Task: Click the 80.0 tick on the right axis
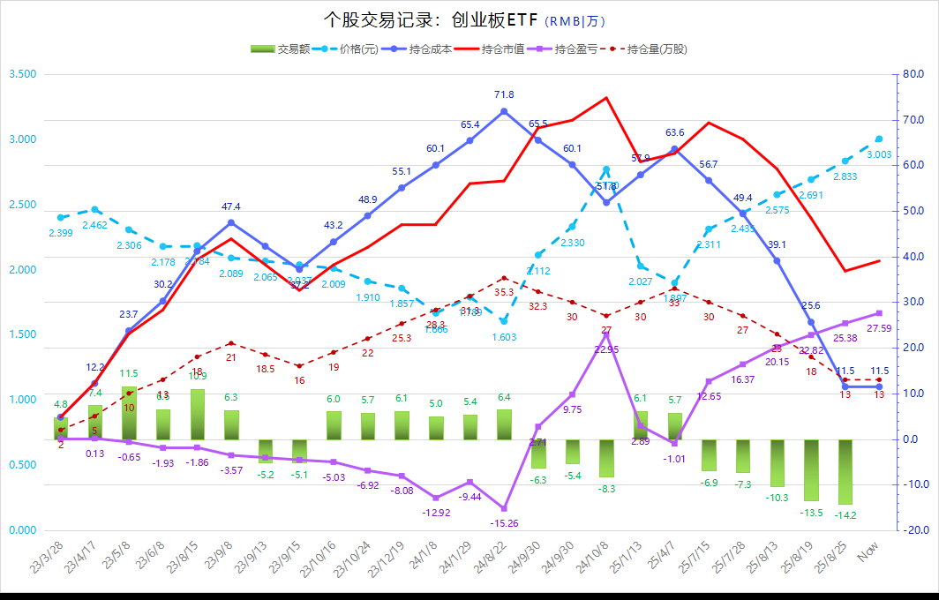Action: tap(915, 74)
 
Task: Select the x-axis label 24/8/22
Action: tap(490, 560)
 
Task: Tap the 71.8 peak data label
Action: tap(504, 94)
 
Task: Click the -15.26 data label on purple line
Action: tap(504, 523)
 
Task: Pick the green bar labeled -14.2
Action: tap(845, 471)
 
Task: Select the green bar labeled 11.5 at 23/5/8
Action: tap(129, 412)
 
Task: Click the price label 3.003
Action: tap(879, 154)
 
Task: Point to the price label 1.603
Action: tap(504, 337)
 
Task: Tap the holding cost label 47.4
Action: tap(231, 206)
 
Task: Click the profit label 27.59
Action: tap(879, 328)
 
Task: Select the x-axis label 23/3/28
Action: tap(47, 560)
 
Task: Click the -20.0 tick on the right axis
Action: tap(915, 530)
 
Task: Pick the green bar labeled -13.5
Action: tap(811, 469)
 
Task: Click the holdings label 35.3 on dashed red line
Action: tap(504, 291)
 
